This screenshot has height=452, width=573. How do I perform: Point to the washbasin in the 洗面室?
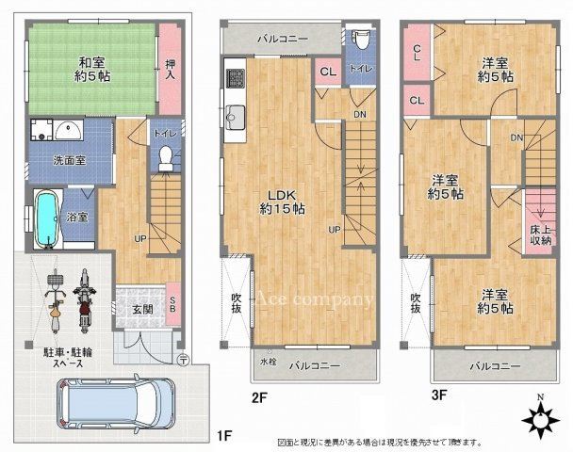point(65,131)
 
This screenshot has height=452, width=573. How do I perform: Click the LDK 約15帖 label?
point(279,203)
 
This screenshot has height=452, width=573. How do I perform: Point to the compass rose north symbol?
point(541,421)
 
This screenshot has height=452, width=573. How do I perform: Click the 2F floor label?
point(259,397)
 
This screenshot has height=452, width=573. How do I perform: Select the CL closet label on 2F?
point(327,72)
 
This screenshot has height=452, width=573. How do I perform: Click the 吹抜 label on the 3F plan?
point(416,303)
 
